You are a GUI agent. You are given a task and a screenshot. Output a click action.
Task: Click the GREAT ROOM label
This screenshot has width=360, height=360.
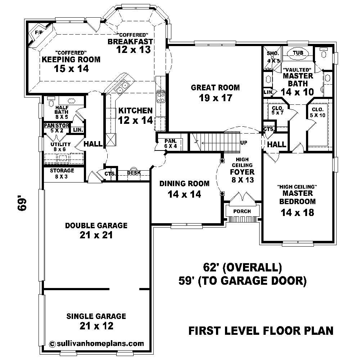coord(215,87)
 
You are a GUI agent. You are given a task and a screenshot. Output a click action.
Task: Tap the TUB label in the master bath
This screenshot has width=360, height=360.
coord(298,53)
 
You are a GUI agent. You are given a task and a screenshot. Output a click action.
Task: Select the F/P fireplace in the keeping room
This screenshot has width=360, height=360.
coord(37,33)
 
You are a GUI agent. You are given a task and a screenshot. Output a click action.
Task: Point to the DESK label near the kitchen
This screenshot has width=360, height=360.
coord(134,173)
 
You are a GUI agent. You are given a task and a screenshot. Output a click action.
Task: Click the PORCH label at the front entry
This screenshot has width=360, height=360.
coord(242,211)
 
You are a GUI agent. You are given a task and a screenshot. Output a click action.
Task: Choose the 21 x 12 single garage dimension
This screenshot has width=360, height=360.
coord(96,326)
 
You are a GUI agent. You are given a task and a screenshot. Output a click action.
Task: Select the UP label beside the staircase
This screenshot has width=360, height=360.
coord(244,143)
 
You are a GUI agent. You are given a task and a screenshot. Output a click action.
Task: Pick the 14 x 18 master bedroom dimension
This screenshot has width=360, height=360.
coord(297,212)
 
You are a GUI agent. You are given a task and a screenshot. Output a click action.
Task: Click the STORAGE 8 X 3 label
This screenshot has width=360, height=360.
coord(62,173)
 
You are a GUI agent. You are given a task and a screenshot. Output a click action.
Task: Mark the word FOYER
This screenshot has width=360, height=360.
coord(242,172)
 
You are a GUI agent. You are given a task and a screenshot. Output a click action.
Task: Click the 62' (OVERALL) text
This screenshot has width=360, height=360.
coord(242,267)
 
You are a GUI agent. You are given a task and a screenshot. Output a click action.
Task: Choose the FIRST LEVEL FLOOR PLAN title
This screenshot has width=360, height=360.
coord(261,330)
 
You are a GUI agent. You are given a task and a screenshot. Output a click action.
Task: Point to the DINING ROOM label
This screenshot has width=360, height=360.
coord(184,184)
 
